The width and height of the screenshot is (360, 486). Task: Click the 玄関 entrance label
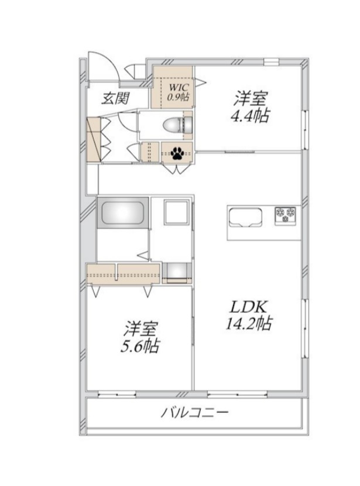[x=116, y=98]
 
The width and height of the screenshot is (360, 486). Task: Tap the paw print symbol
[x=177, y=154]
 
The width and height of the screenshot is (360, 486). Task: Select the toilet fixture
[x=176, y=125]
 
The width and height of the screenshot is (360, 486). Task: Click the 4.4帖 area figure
[x=253, y=116]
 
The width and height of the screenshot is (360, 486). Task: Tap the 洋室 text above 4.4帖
[x=252, y=98]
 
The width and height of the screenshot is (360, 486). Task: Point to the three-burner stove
[x=286, y=214]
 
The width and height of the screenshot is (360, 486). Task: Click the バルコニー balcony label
[x=195, y=413]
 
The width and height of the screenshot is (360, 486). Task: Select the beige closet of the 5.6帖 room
[x=123, y=272]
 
